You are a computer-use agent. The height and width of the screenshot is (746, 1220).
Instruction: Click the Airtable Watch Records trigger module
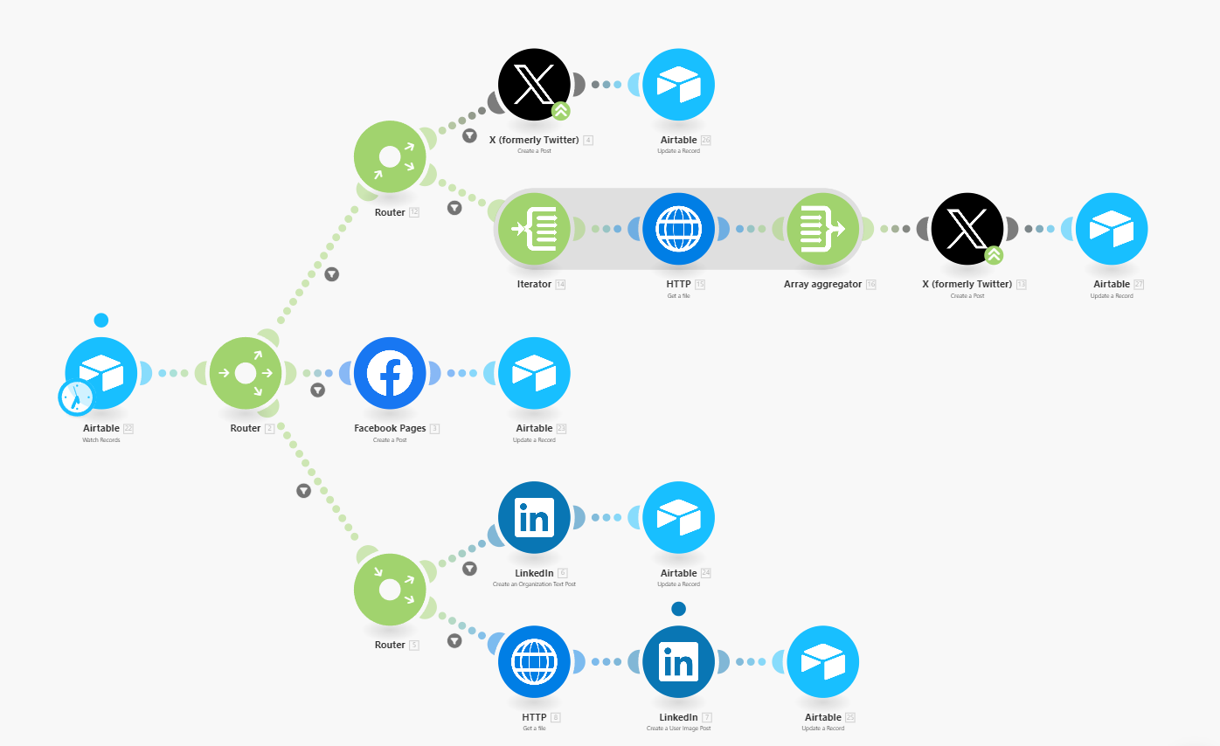(x=101, y=373)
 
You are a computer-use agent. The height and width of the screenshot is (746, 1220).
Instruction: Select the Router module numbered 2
(x=246, y=373)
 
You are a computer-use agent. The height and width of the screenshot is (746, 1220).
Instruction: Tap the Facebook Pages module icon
(x=390, y=373)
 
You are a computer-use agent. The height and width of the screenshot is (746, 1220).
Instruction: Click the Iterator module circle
(x=534, y=229)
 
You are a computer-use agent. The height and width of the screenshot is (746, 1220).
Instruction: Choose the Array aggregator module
(x=822, y=229)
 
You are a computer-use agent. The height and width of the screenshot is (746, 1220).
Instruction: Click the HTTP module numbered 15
(x=678, y=229)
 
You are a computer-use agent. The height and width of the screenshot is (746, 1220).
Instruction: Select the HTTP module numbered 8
(x=534, y=661)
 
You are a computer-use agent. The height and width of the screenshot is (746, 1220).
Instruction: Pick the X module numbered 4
(x=534, y=85)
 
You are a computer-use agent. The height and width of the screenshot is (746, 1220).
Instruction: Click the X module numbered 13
(x=967, y=229)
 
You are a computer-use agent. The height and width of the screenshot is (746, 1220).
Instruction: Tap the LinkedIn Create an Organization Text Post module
(x=534, y=517)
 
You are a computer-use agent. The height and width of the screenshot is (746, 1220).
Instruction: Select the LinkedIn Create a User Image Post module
(x=678, y=661)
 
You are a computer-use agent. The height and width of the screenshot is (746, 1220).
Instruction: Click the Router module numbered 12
(x=390, y=156)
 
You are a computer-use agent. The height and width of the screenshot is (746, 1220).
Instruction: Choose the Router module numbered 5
(x=390, y=590)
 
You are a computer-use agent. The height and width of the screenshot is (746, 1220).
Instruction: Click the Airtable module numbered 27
(x=1112, y=229)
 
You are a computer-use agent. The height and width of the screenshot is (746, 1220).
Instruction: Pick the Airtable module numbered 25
(x=822, y=661)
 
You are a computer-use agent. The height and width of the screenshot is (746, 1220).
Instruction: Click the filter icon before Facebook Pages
(x=318, y=390)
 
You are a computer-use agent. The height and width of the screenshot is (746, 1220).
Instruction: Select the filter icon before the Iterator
(x=454, y=208)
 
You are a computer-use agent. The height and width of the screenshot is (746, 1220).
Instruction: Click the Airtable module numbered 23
(x=534, y=373)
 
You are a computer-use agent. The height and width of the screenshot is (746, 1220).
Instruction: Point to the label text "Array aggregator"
(x=822, y=284)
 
